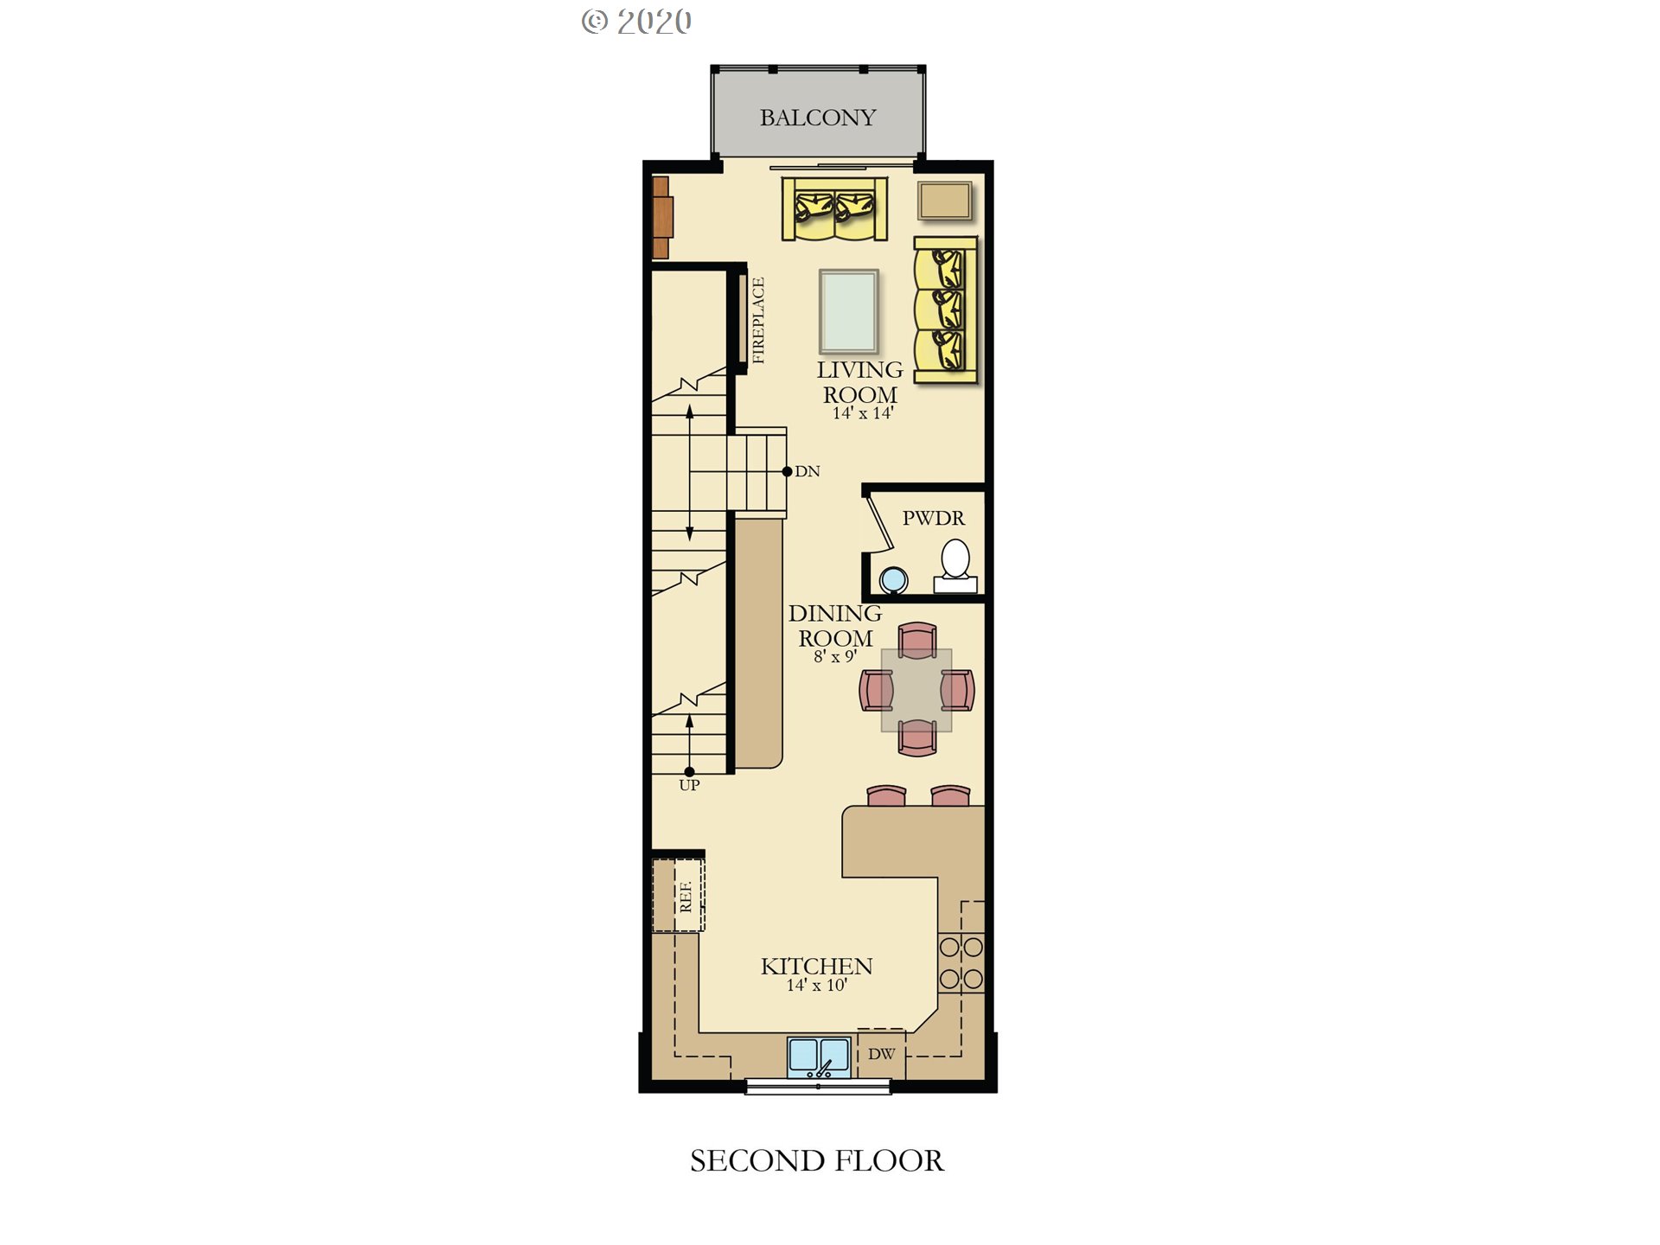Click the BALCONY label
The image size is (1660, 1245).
click(x=817, y=118)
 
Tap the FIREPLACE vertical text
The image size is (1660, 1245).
click(x=758, y=320)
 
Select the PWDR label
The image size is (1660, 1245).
click(x=934, y=518)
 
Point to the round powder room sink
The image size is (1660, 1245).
click(x=893, y=579)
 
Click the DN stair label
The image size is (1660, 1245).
click(x=808, y=471)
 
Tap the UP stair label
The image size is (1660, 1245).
click(x=689, y=785)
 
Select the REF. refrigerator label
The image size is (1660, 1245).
click(x=686, y=897)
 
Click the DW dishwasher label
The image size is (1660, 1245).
click(x=882, y=1054)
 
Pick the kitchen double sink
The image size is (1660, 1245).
click(x=819, y=1057)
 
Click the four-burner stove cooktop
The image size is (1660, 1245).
click(x=961, y=962)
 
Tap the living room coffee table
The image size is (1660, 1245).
click(x=849, y=311)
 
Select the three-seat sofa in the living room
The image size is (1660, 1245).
click(x=945, y=310)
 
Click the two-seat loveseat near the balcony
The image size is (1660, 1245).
click(x=834, y=208)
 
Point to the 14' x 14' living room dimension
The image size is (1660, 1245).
click(x=862, y=413)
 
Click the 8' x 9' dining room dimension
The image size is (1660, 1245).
click(x=834, y=656)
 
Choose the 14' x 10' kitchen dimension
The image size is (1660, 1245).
click(x=816, y=985)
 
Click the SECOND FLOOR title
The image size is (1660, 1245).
click(x=817, y=1160)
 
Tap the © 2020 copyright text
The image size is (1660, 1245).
click(x=636, y=22)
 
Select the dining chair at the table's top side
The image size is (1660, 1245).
click(x=917, y=640)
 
